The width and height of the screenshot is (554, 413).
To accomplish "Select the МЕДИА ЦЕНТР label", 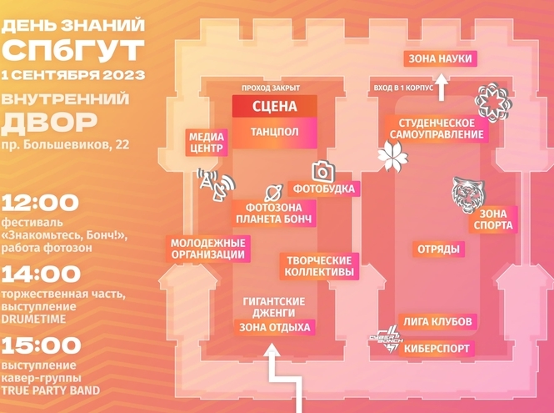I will (x=206, y=142).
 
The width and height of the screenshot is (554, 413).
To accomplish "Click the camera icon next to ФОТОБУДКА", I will (x=322, y=171).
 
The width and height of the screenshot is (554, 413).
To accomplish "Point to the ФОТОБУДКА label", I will (x=323, y=189).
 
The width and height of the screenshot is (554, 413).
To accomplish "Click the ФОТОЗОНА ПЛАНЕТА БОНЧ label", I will (x=273, y=213).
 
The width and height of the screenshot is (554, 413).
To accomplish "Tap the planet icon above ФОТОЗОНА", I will (x=272, y=192).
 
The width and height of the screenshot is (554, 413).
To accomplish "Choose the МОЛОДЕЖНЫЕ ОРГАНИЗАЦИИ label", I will (x=207, y=249).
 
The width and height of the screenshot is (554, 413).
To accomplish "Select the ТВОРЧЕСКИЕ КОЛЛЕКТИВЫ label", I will (x=317, y=265).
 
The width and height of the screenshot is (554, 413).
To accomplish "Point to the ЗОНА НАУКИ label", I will (x=439, y=58).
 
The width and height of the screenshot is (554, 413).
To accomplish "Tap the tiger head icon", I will (x=467, y=195).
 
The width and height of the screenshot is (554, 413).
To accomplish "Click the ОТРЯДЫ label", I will (x=438, y=249).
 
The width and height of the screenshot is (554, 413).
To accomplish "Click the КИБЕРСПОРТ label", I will (x=437, y=348).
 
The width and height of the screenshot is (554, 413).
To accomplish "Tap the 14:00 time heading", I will (x=41, y=274).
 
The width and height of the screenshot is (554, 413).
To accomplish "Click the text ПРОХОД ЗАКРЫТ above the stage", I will (x=271, y=87).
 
